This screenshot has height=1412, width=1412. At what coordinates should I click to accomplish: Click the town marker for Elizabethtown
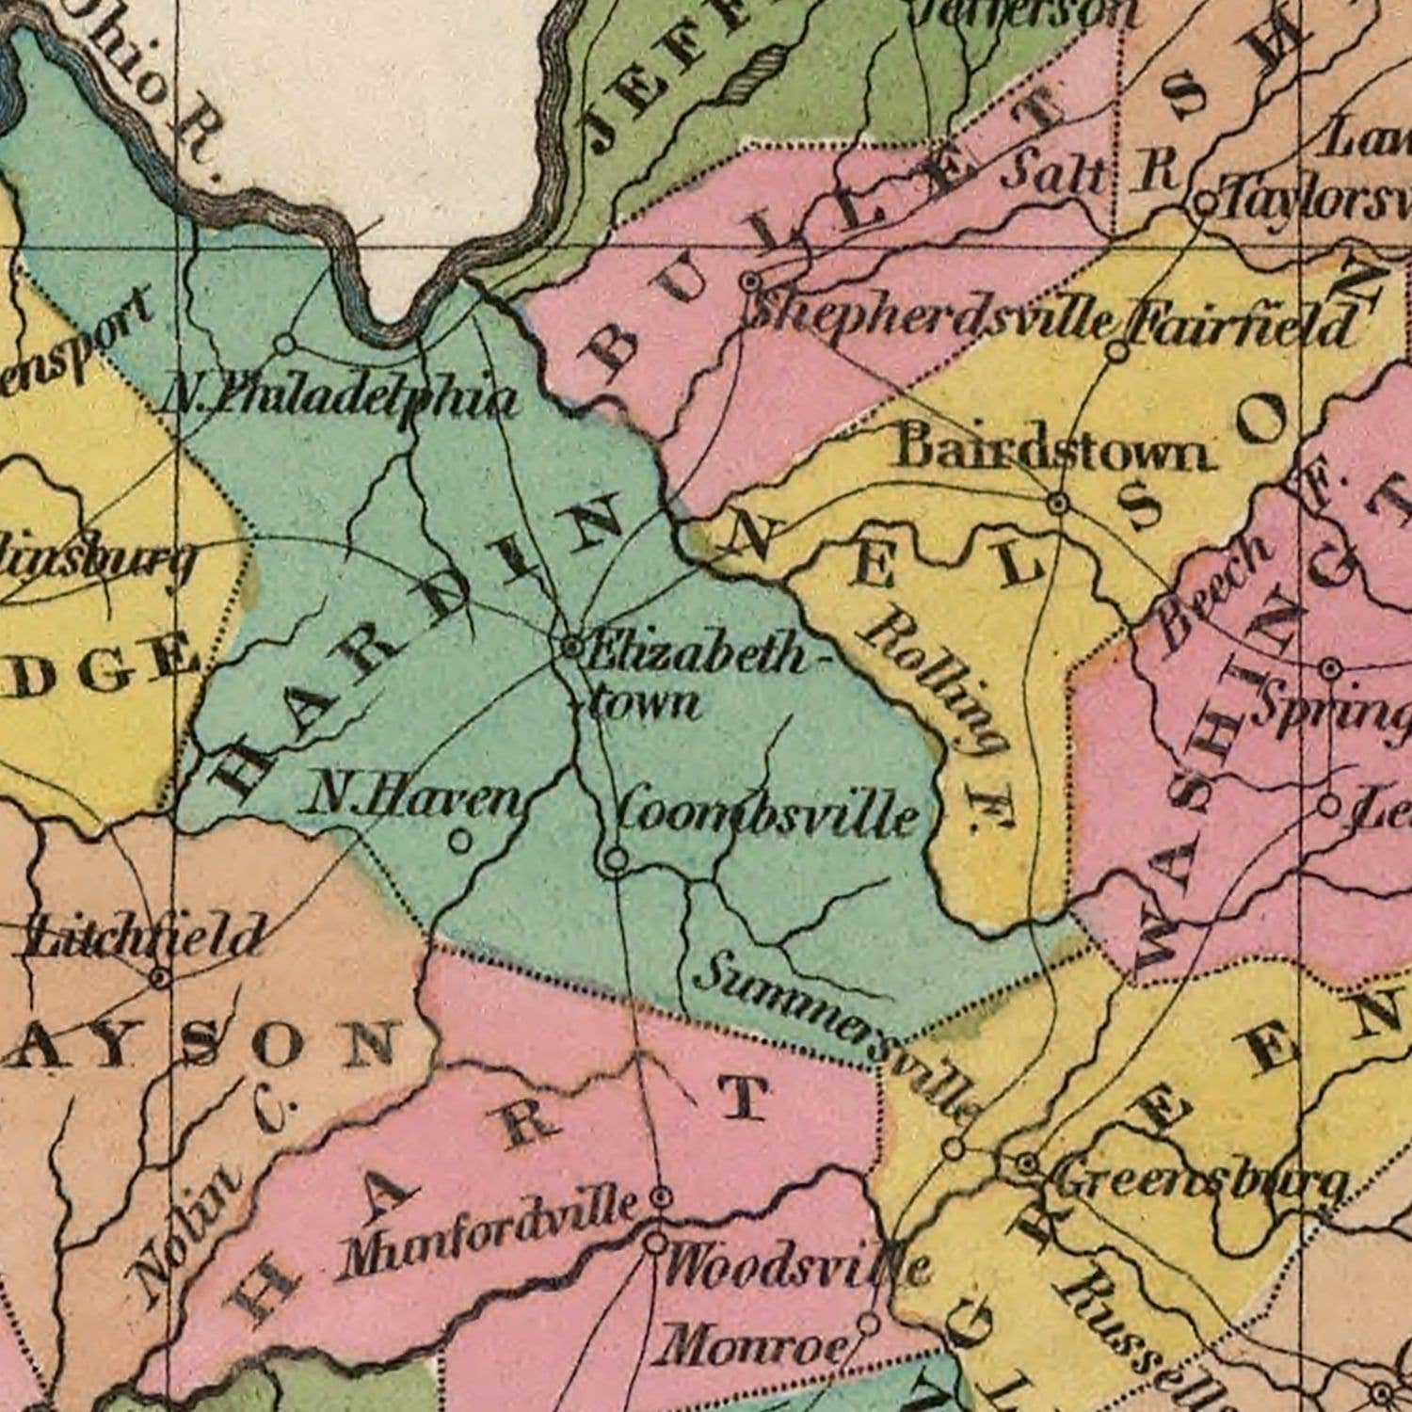coord(571,647)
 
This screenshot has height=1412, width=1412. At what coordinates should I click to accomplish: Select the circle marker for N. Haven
coord(459,841)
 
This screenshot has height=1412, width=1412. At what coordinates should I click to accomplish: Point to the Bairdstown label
coord(1050,450)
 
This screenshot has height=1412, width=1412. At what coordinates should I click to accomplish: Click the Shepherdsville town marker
coord(750,281)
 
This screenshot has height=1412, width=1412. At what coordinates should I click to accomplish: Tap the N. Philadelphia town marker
coord(285,345)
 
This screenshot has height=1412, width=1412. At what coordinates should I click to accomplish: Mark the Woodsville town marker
coord(655,1243)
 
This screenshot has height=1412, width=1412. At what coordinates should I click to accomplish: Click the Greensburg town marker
coord(1028,1165)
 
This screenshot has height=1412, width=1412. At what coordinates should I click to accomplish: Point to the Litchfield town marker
coord(160,979)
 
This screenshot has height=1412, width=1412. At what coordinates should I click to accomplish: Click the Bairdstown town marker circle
coord(1059,504)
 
